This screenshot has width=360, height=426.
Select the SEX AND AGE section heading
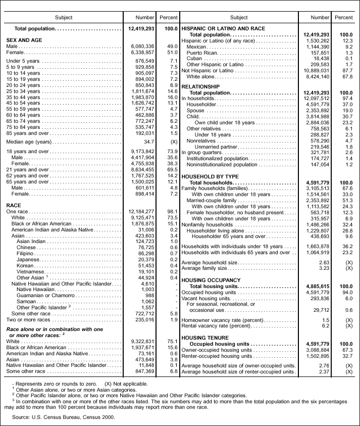click(x=24, y=39)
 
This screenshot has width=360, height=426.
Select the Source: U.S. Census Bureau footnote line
click(x=64, y=417)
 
